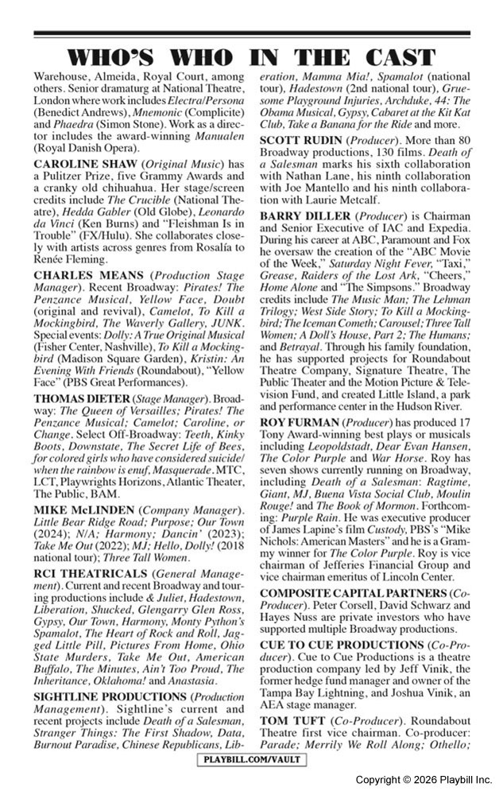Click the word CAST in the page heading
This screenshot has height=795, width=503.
(x=398, y=57)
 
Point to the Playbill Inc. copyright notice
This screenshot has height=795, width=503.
(x=423, y=781)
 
